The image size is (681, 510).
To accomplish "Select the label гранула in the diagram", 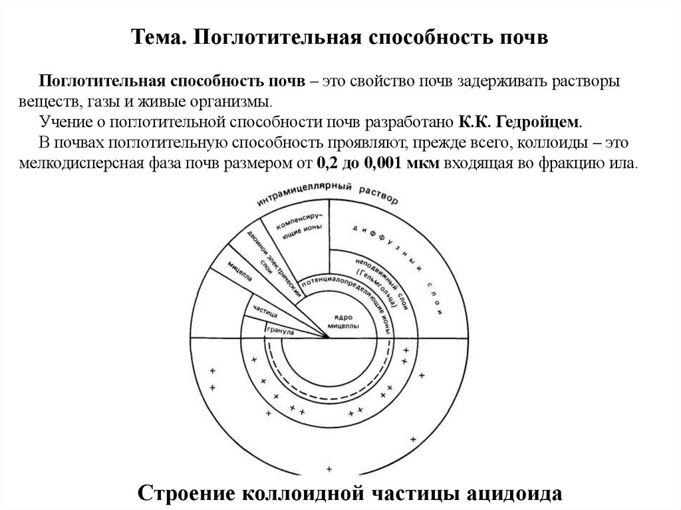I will click(281, 328).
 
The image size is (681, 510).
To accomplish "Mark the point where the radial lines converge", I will click(329, 338).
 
